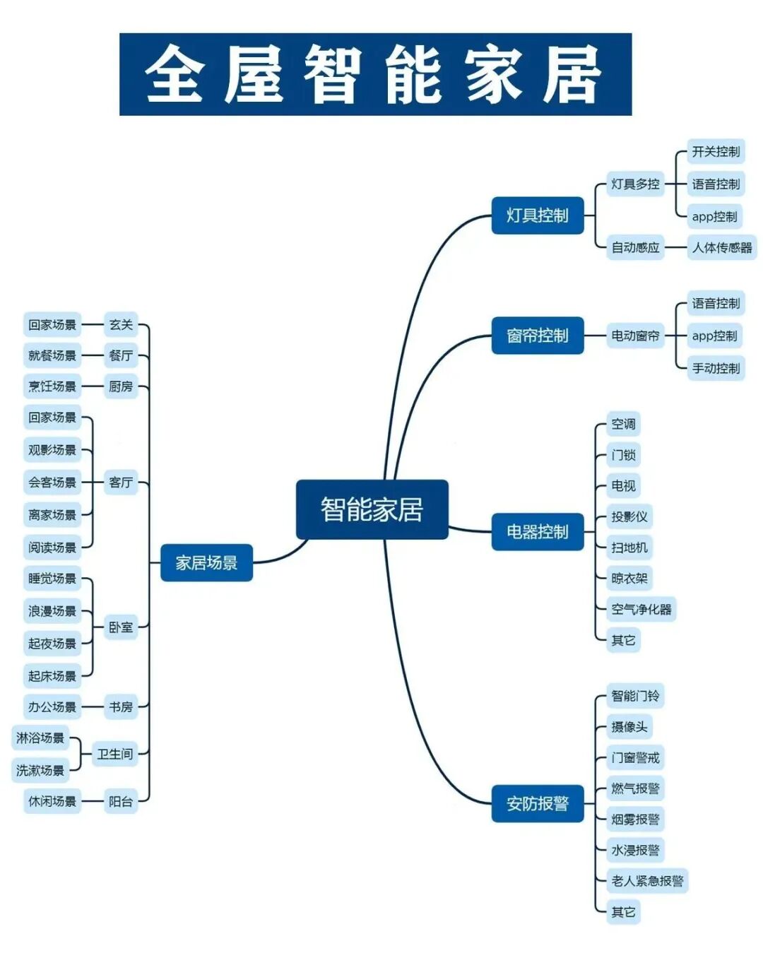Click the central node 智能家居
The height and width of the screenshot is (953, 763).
pyautogui.click(x=372, y=509)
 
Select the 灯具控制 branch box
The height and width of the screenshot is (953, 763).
pyautogui.click(x=538, y=215)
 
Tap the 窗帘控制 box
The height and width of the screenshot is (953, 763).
pyautogui.click(x=538, y=336)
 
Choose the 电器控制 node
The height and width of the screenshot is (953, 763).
pyautogui.click(x=538, y=532)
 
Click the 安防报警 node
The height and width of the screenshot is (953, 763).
pyautogui.click(x=538, y=803)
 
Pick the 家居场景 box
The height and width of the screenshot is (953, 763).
pyautogui.click(x=206, y=563)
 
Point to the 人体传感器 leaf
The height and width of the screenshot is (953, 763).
pyautogui.click(x=722, y=247)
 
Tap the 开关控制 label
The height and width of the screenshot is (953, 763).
pyautogui.click(x=716, y=151)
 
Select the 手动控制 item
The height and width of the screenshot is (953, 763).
pyautogui.click(x=716, y=368)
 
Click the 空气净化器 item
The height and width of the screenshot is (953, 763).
pyautogui.click(x=641, y=609)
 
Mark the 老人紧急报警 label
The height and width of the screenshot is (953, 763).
pyautogui.click(x=647, y=881)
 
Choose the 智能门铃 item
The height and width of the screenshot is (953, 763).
pyautogui.click(x=635, y=696)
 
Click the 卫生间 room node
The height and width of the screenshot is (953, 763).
pyautogui.click(x=115, y=754)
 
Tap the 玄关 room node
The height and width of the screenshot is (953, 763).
pyautogui.click(x=121, y=325)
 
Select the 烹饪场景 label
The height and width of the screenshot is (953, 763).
pyautogui.click(x=52, y=386)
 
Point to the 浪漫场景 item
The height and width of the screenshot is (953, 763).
pyautogui.click(x=52, y=611)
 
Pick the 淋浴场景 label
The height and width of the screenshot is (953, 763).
pyautogui.click(x=40, y=738)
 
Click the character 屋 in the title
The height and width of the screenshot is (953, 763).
pyautogui.click(x=254, y=74)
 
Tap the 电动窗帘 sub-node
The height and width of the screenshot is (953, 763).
pyautogui.click(x=635, y=336)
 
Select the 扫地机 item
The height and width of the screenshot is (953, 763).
pyautogui.click(x=629, y=547)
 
